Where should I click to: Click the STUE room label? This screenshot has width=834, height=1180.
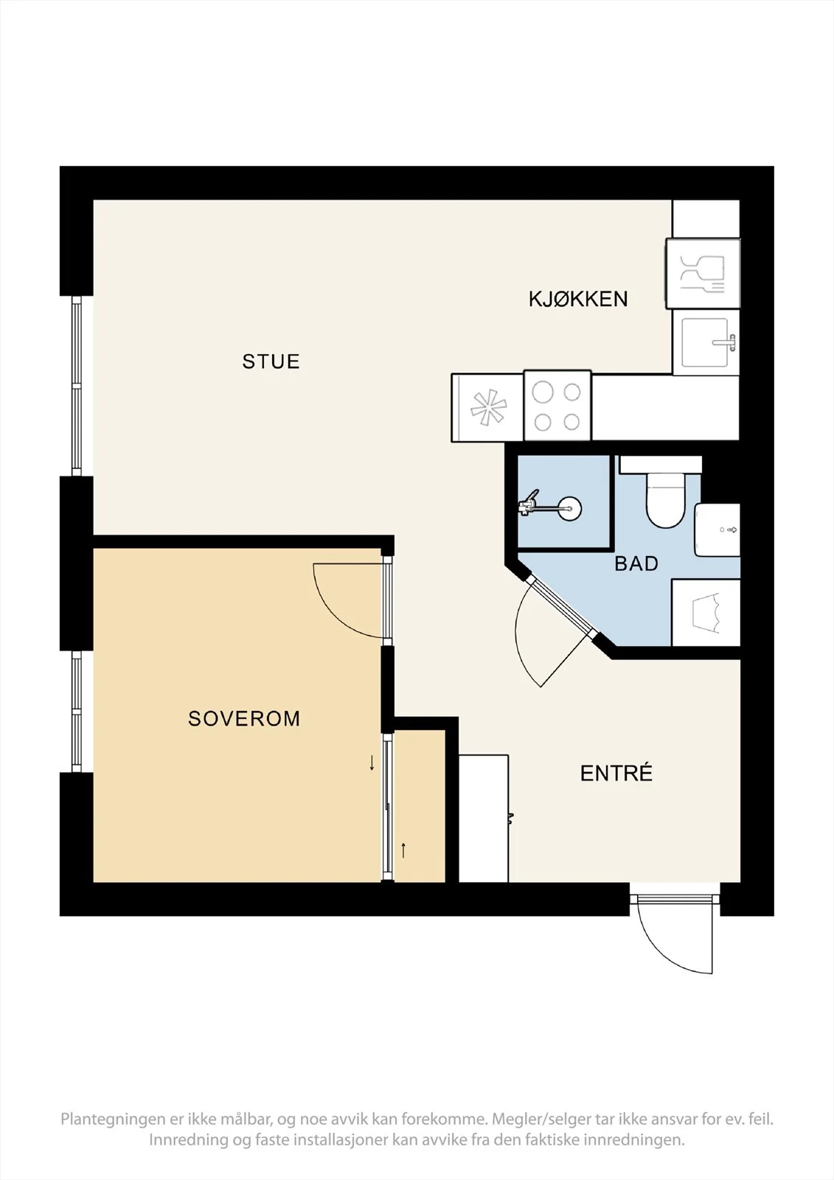pos(271,361)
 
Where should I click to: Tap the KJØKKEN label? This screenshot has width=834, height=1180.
pos(578,299)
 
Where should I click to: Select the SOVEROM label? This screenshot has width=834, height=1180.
pos(244,718)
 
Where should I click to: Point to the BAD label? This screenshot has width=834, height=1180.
pos(636,563)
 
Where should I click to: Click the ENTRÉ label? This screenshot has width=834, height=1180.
pos(616,773)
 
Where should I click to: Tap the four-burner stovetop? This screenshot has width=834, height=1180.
pos(557,406)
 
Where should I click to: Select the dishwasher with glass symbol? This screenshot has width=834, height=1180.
pos(703,274)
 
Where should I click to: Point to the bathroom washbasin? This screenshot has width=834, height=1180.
pos(717,530)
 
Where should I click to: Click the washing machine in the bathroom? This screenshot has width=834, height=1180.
pos(706,613)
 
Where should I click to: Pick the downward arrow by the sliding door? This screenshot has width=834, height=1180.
pos(372,763)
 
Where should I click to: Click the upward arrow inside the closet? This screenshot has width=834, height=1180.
pos(403,850)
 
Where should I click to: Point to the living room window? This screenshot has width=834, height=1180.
pos(77,386)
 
